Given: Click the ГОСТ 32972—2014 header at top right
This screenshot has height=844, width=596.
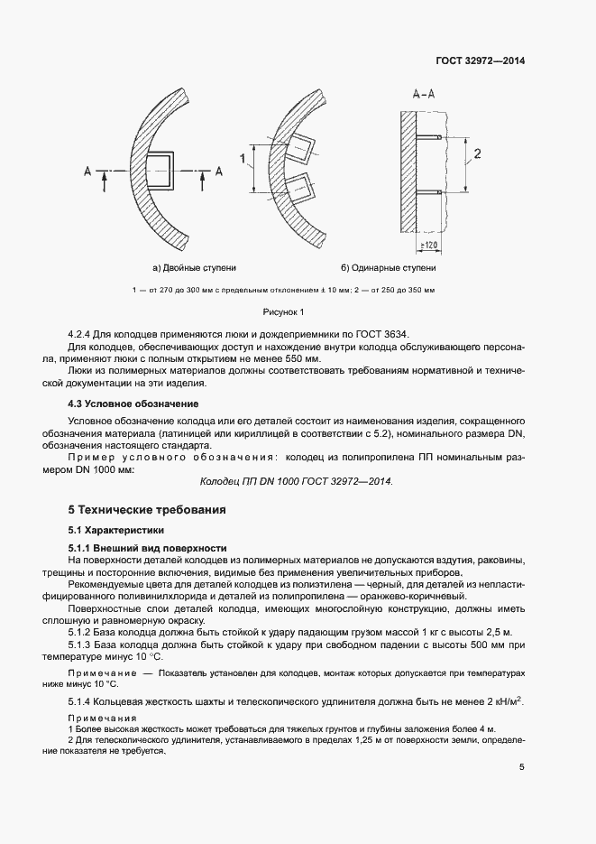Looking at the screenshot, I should coord(481,61).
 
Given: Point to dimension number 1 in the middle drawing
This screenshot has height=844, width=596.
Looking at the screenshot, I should coord(243,159).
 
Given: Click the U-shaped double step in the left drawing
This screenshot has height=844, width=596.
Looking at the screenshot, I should coord(160,170).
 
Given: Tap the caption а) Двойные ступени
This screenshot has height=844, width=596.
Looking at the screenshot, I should coord(195,268).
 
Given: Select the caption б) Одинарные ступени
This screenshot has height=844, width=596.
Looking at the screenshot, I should coord(388,268).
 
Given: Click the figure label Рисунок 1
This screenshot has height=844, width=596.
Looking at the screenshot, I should coord(285,311).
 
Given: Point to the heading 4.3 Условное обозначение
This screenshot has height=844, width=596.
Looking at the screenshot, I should coord(133,403).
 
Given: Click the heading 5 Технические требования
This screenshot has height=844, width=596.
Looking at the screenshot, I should coord(141,510).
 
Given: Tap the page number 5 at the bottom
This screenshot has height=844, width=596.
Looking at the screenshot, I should coord(521,767).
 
